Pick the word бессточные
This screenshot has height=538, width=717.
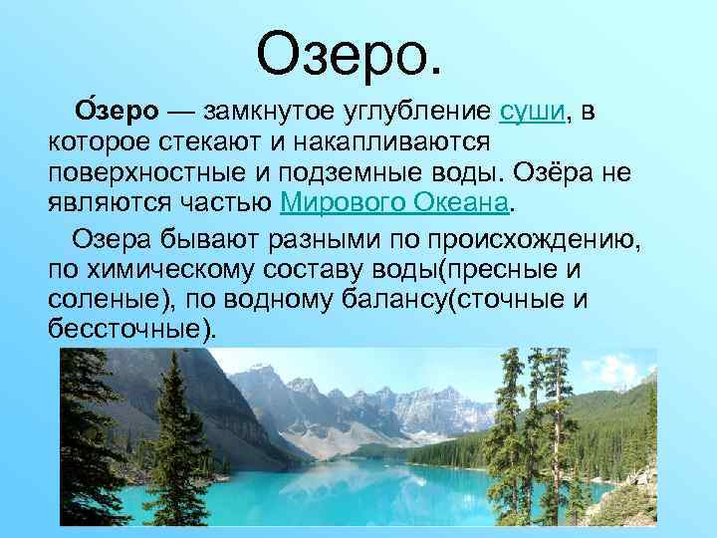point(127,329)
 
